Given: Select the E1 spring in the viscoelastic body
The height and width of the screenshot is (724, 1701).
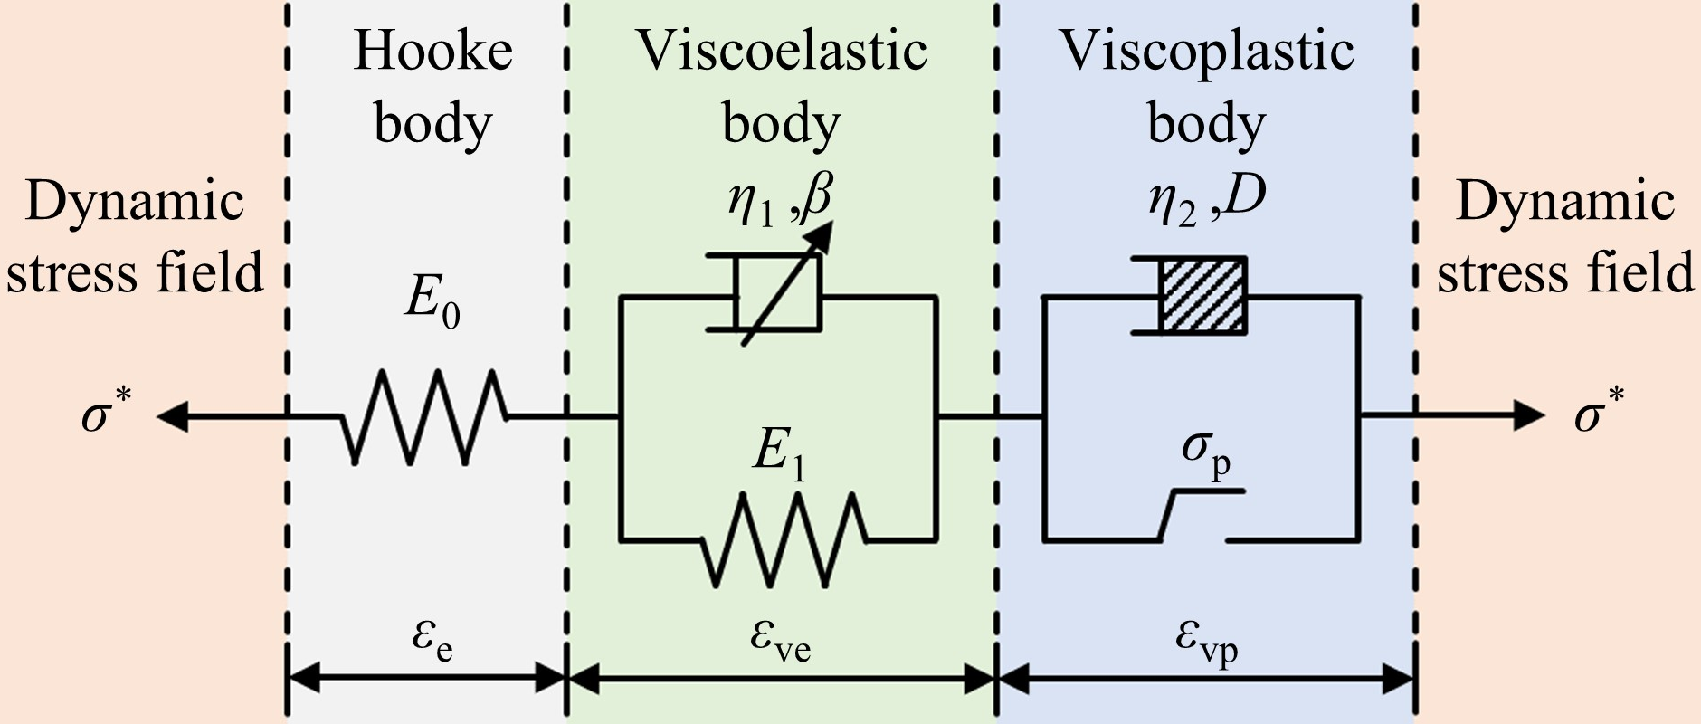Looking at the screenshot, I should click(x=783, y=539).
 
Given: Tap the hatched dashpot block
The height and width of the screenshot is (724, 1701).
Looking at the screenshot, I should click(x=1203, y=296).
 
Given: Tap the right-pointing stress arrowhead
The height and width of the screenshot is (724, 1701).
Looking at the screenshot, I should click(x=1529, y=416).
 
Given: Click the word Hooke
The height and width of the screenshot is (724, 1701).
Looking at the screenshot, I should click(x=432, y=51).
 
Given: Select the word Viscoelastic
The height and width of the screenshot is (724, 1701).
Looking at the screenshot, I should click(x=782, y=51).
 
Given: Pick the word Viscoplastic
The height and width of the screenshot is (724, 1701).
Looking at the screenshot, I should click(x=1206, y=51).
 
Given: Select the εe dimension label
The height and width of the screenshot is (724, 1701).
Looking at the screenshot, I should click(x=432, y=639).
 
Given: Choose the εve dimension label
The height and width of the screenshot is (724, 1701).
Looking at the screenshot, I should click(x=780, y=639).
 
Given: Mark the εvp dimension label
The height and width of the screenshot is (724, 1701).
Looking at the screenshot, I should click(x=1206, y=639).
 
